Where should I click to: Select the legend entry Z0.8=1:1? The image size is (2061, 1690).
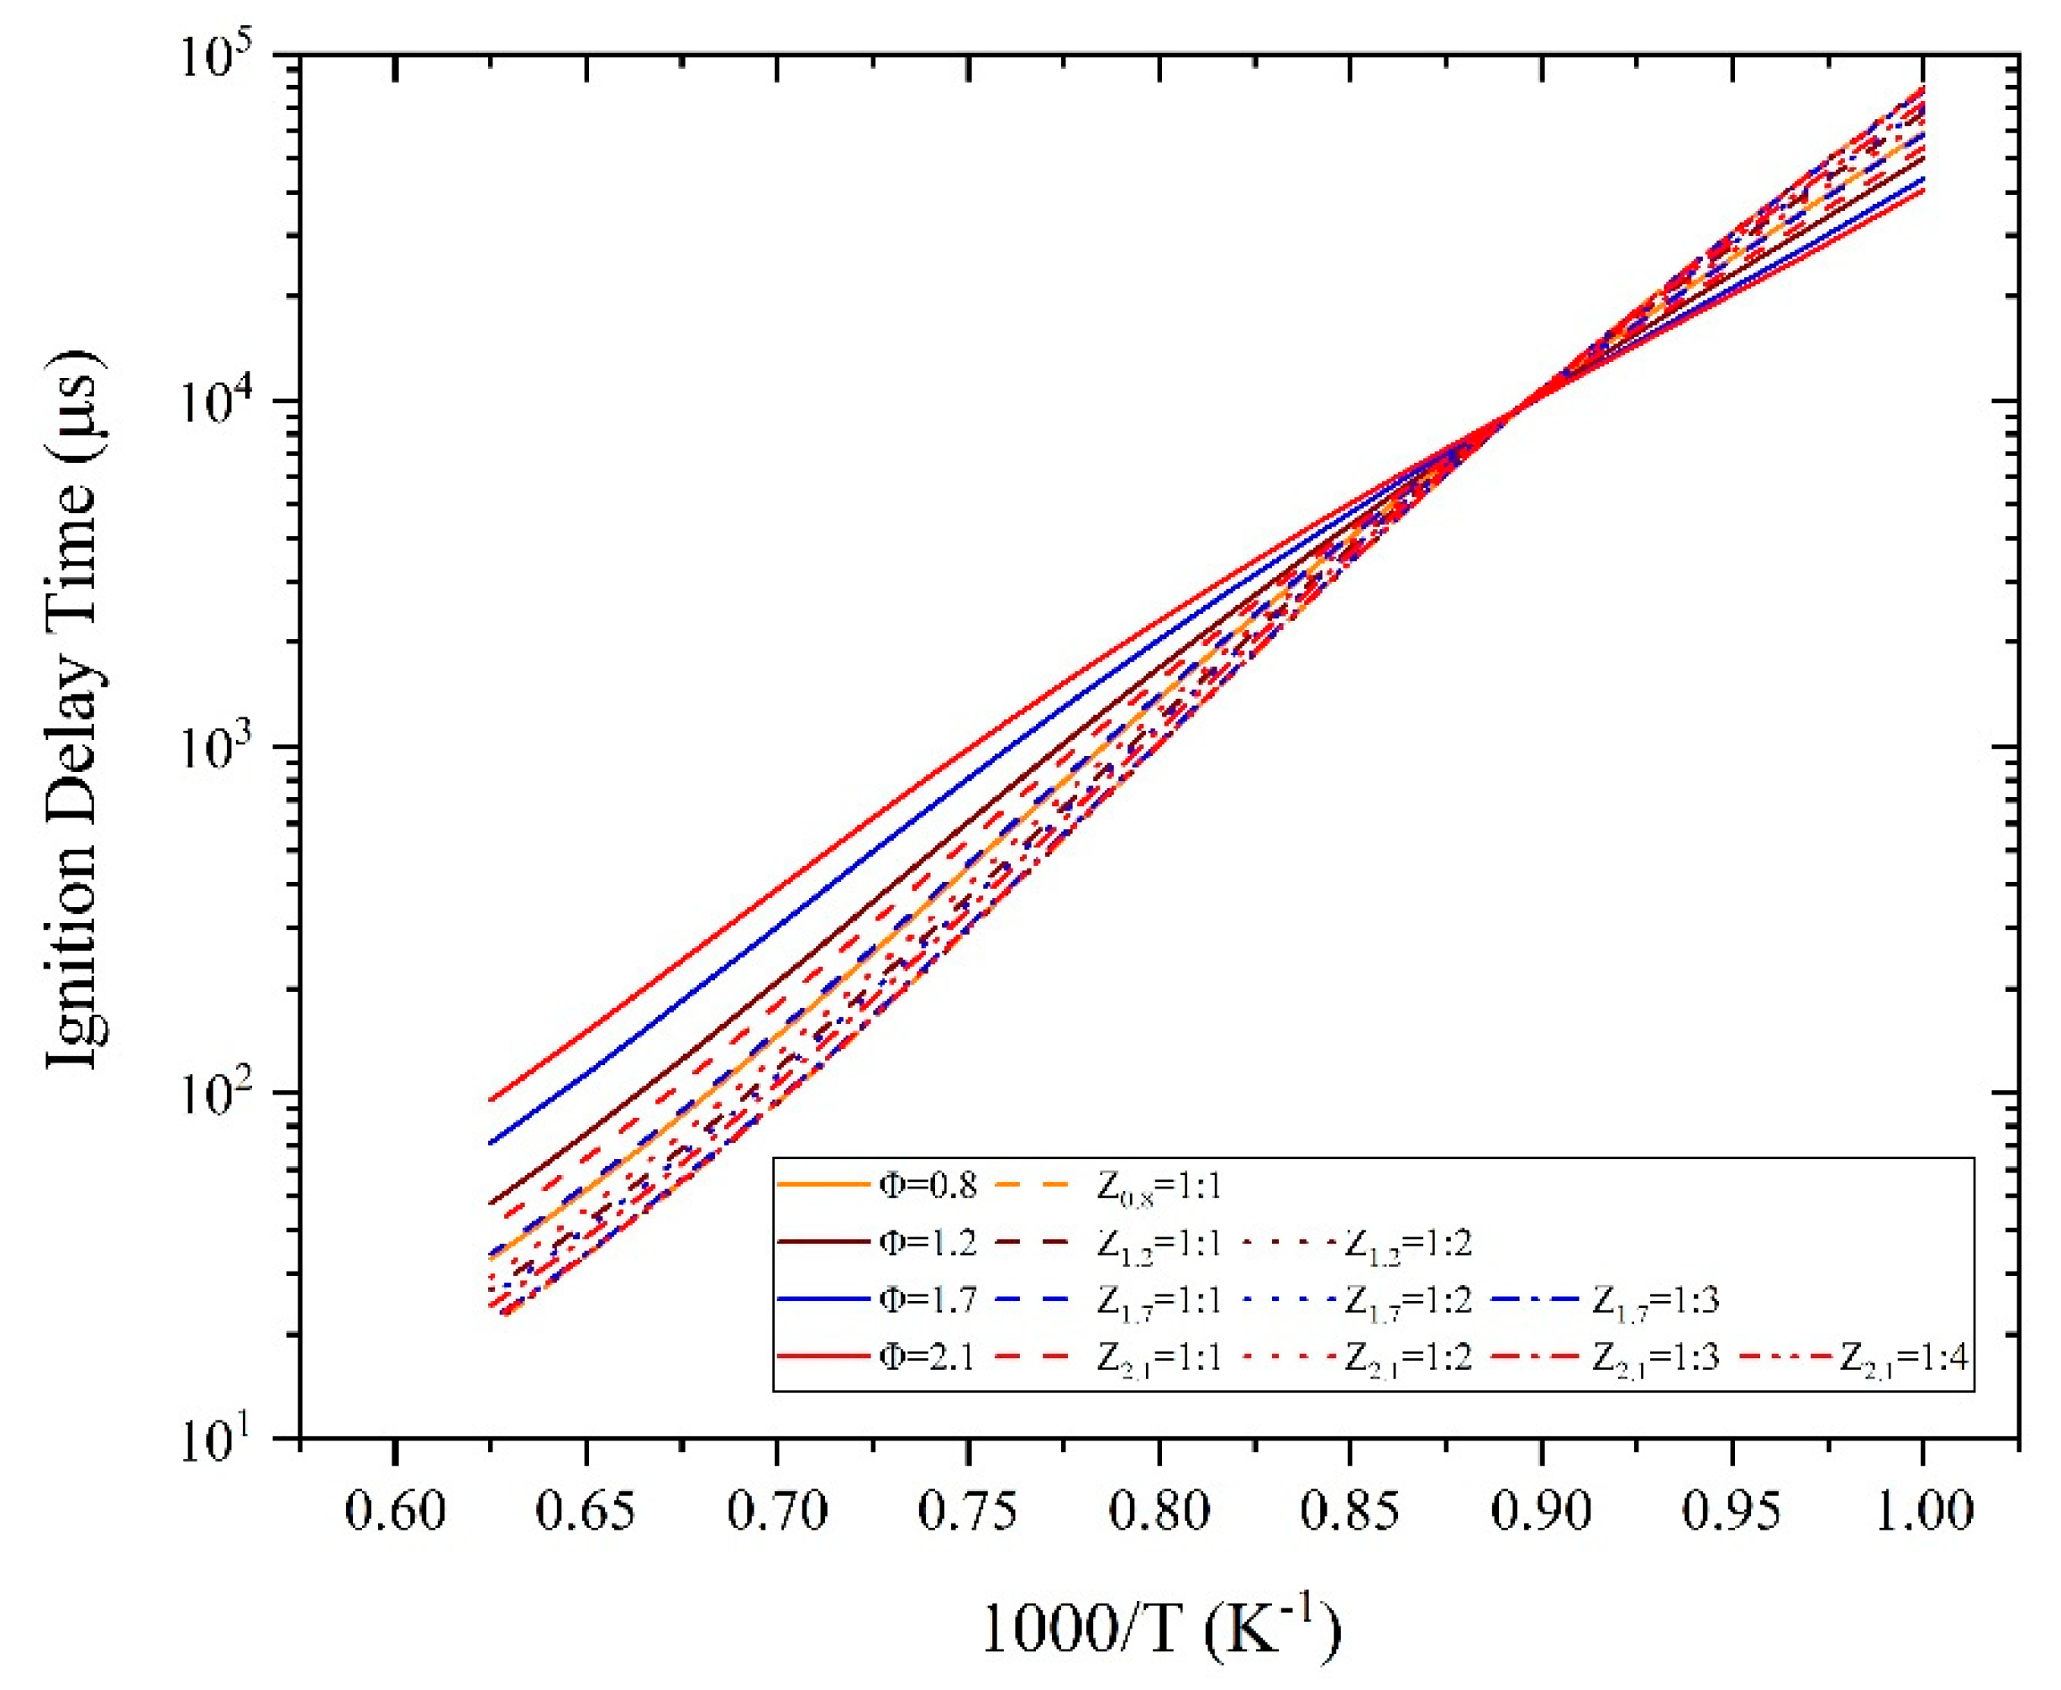pos(1159,1187)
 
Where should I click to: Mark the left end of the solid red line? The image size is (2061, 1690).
pos(490,1101)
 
